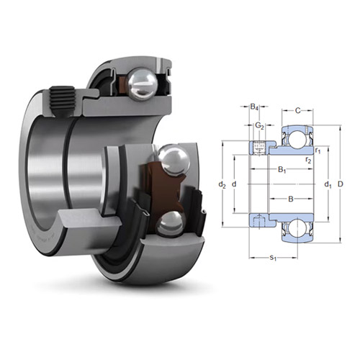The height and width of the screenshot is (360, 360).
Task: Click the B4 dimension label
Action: click(255, 109)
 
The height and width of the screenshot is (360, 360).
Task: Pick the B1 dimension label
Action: click(282, 170)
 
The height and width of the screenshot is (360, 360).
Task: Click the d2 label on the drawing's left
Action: click(222, 185)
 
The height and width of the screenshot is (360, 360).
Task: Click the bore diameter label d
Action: click(235, 185)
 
